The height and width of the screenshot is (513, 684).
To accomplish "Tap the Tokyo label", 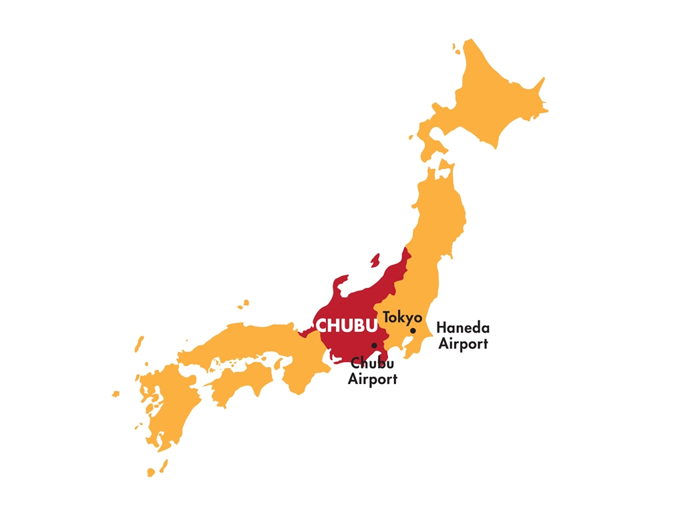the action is pos(402,318).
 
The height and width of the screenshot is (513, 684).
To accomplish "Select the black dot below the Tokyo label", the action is pos(413,331).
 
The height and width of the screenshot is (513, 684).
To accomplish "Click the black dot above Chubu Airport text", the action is pos(374,345).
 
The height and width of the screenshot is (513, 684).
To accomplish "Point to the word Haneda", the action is pos(462,328).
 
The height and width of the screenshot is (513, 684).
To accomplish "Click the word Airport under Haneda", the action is pos(462,344).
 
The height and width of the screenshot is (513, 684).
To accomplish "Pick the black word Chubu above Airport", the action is pos(372,364).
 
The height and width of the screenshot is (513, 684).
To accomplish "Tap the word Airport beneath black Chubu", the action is pos(372,379).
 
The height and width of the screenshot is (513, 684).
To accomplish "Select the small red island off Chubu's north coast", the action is pos(375,261).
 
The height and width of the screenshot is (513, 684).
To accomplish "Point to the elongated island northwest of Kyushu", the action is pos(139,343).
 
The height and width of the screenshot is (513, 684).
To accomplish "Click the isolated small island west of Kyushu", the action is pos(116,394).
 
